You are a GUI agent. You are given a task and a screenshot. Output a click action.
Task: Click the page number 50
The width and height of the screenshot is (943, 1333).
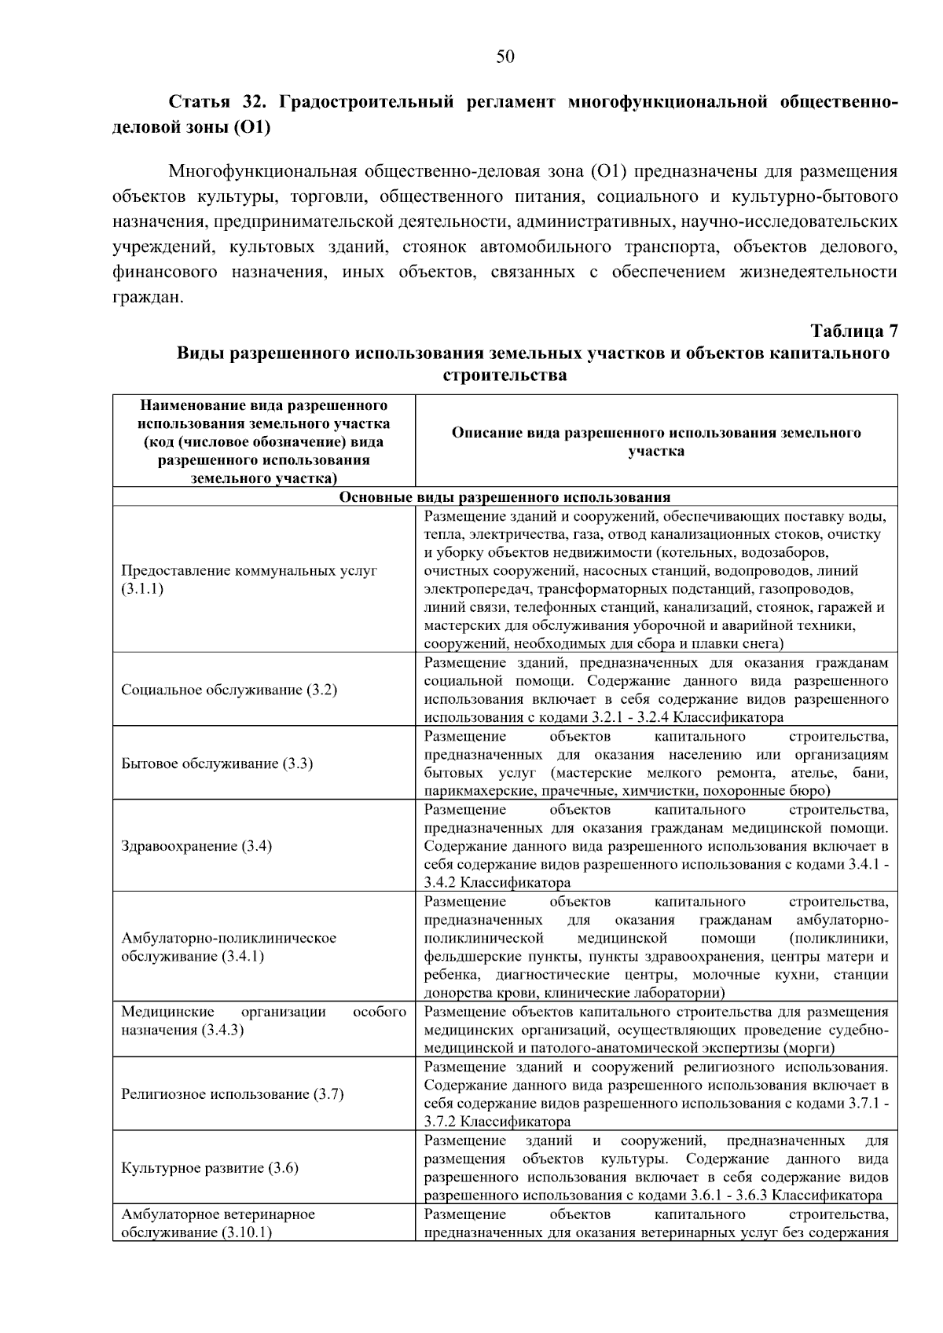tap(505, 56)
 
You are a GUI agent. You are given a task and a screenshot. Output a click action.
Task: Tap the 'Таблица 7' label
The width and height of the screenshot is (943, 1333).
tap(853, 331)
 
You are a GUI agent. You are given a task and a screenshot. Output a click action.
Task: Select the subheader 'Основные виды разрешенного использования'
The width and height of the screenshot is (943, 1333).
tap(505, 497)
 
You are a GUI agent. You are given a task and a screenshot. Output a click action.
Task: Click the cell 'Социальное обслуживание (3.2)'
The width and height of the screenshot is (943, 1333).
tap(229, 690)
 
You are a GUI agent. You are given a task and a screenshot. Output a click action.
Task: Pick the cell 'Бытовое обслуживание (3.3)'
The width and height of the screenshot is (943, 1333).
tap(217, 764)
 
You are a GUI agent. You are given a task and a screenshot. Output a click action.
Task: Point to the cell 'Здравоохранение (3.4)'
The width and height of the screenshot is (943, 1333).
tap(196, 846)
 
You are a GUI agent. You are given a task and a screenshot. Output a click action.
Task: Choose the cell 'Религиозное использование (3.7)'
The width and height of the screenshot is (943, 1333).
tap(232, 1094)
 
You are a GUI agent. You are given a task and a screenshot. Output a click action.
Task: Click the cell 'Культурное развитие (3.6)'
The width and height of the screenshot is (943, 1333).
tap(209, 1168)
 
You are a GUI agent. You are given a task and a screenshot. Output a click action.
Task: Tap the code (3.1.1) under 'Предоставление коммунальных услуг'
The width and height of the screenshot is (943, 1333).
tap(142, 589)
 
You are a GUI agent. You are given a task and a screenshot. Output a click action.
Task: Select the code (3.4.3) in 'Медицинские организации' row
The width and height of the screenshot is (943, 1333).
tap(222, 1030)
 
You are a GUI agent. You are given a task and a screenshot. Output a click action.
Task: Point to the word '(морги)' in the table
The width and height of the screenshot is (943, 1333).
tap(809, 1048)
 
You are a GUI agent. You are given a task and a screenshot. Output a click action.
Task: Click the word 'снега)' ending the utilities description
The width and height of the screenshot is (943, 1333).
tap(763, 644)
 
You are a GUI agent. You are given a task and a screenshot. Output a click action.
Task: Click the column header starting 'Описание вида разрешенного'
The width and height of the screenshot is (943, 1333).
tap(656, 441)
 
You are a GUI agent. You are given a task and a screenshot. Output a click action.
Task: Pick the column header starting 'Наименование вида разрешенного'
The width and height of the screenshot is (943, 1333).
tap(263, 441)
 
